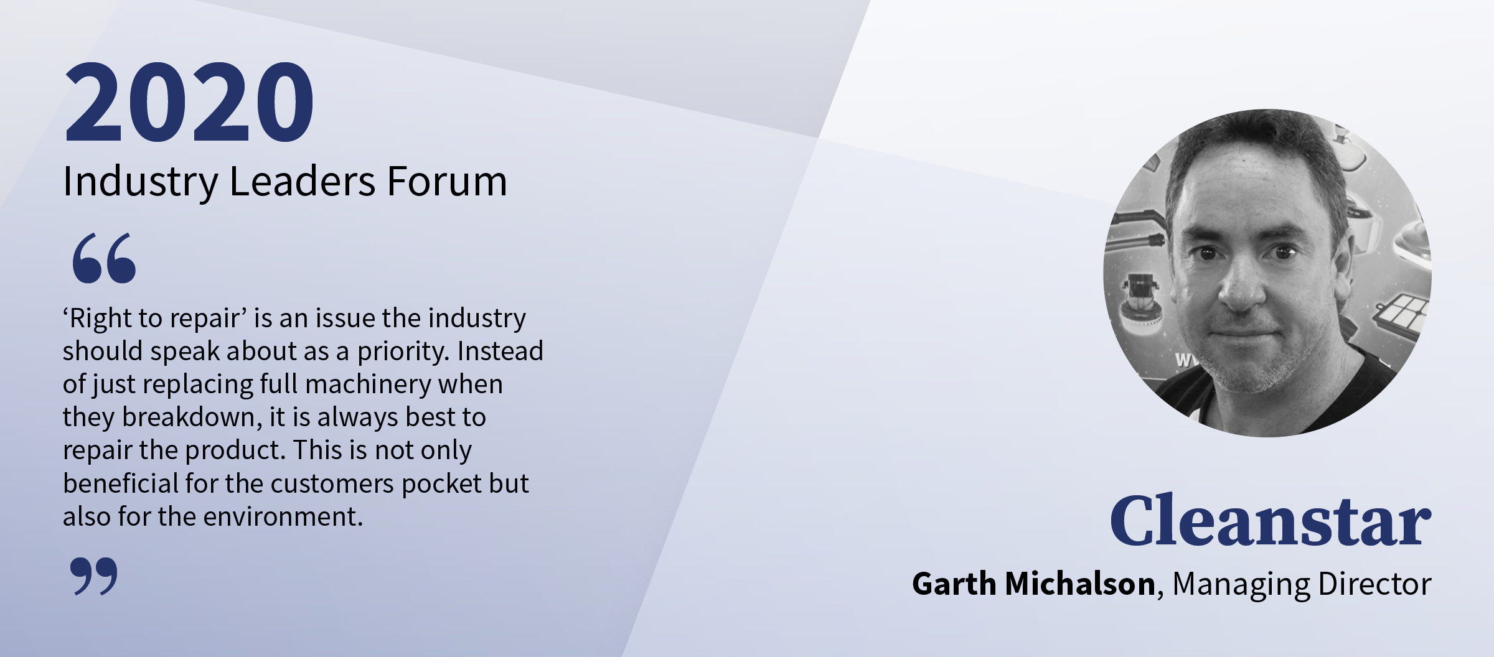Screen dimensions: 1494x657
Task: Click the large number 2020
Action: [189, 101]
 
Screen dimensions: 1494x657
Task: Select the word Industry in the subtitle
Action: [141, 182]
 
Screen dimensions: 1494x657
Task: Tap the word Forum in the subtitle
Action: [447, 182]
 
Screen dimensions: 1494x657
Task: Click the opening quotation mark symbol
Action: [104, 258]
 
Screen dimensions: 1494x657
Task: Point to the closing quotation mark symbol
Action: [93, 576]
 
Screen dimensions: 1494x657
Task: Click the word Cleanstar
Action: [1271, 520]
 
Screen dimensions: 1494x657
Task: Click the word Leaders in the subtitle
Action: [303, 182]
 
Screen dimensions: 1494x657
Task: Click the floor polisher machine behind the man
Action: [1142, 305]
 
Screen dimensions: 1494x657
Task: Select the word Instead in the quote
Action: [500, 351]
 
